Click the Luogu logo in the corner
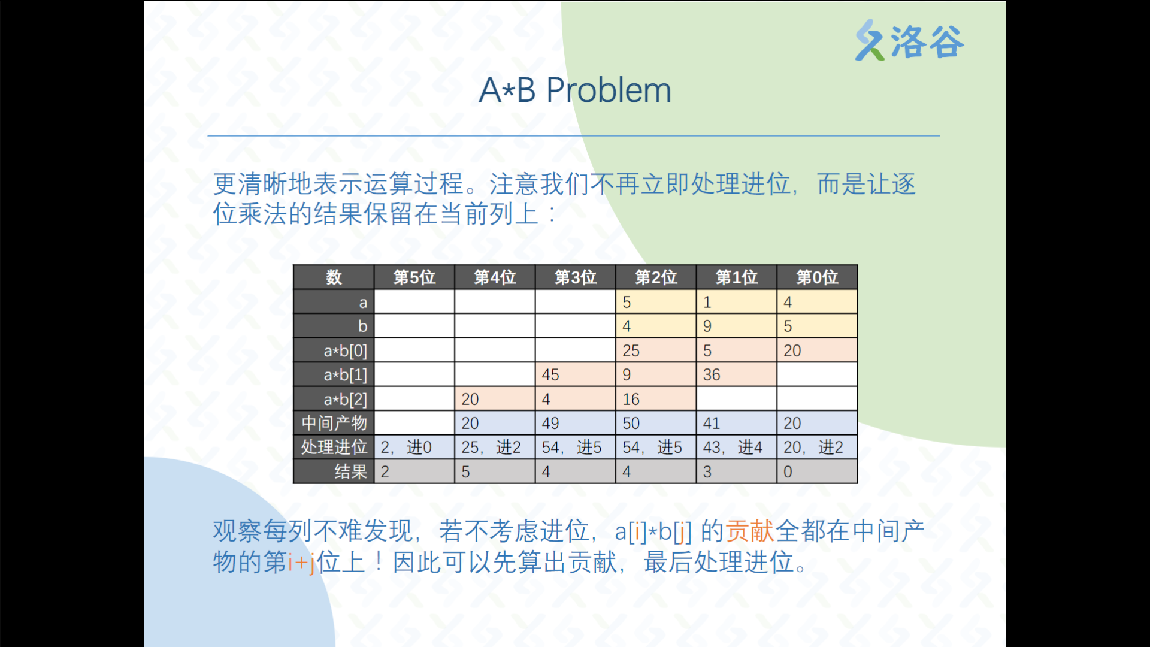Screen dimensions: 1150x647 point(909,40)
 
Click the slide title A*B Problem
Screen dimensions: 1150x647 point(575,90)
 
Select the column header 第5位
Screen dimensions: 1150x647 point(414,277)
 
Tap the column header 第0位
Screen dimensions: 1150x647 point(817,277)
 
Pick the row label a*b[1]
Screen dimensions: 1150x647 point(346,375)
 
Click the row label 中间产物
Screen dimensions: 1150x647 point(334,423)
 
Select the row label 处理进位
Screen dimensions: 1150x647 point(334,447)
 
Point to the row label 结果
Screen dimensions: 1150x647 point(351,471)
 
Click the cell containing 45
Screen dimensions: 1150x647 point(576,374)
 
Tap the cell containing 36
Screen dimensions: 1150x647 point(737,374)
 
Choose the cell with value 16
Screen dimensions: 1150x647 point(656,399)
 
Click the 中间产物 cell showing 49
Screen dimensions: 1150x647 point(576,423)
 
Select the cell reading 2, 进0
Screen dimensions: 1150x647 point(414,447)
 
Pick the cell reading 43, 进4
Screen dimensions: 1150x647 point(737,447)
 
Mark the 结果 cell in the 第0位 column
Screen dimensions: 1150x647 point(817,471)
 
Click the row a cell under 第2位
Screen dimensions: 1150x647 point(656,302)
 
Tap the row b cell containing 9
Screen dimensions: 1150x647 point(737,326)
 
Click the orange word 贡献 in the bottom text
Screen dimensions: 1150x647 point(750,531)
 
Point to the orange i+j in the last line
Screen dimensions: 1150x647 point(301,563)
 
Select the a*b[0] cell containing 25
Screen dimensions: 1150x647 point(656,350)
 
